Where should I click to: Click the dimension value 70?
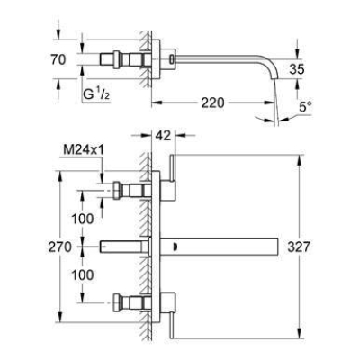point(58,59)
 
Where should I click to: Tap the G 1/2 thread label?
point(96,94)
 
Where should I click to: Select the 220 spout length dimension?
point(212,103)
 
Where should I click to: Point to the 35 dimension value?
point(297,69)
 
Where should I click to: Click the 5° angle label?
point(306,107)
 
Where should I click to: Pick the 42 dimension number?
point(163,136)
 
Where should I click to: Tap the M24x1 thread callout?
point(84,150)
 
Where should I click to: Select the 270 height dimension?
point(60,247)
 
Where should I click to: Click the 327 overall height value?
point(298,247)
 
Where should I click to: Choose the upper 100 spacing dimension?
point(83,219)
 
